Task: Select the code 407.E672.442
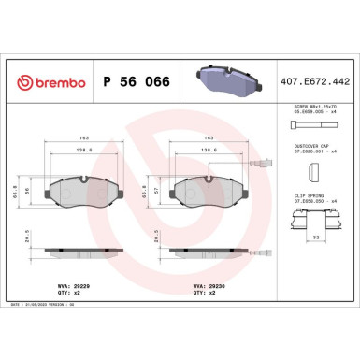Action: click(314, 83)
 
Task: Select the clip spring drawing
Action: click(314, 219)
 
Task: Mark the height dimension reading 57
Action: click(160, 190)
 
